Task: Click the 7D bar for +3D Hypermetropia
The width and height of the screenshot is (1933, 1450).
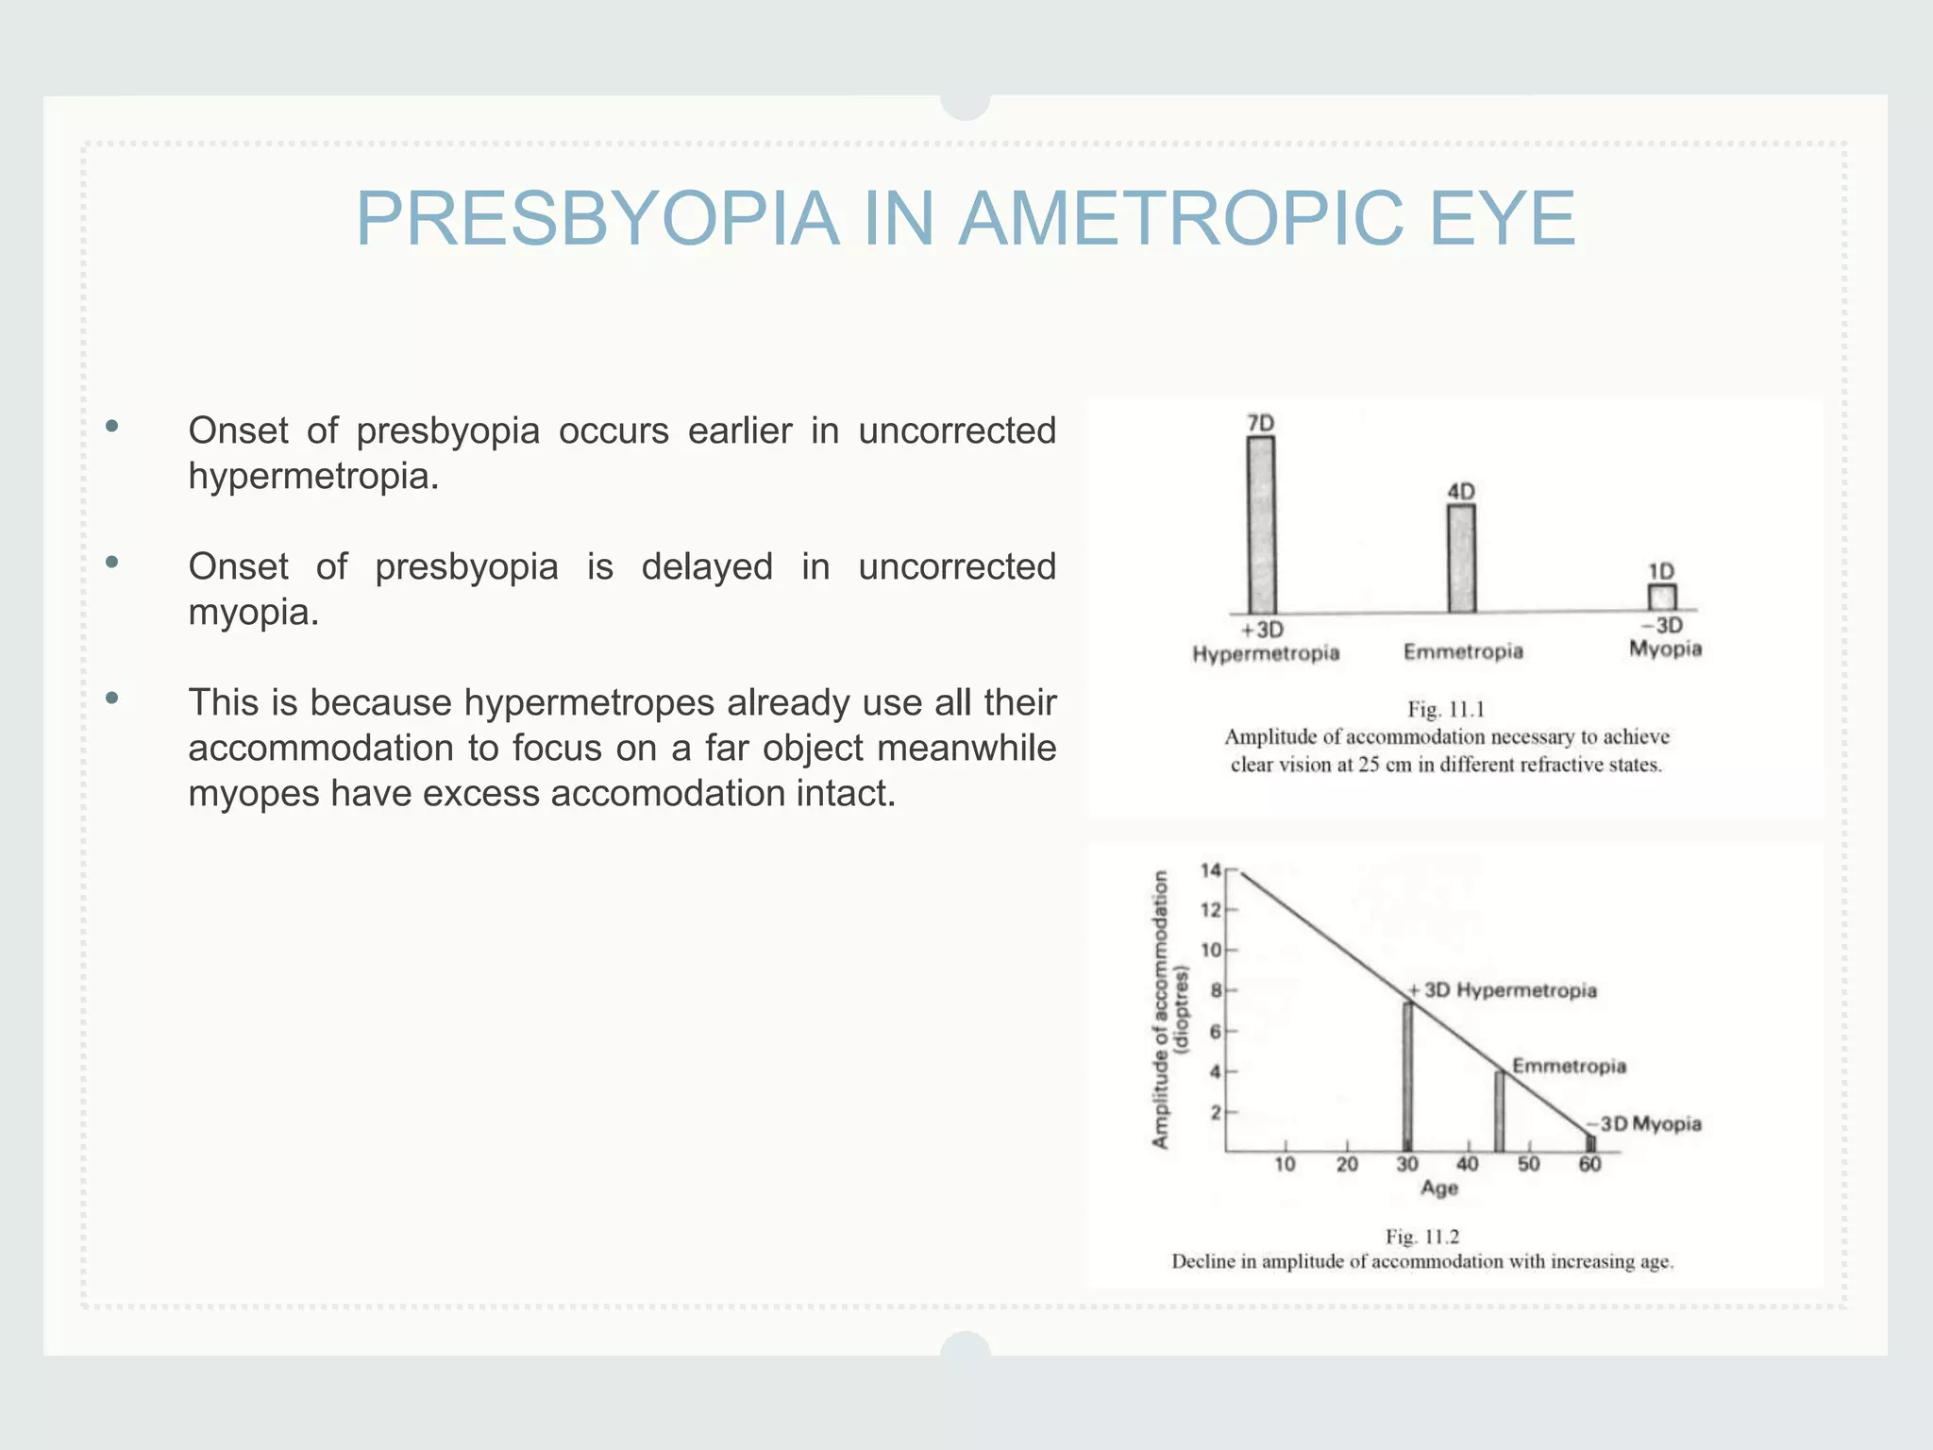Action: click(1261, 525)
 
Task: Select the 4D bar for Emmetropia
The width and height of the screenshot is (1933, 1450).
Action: click(1461, 559)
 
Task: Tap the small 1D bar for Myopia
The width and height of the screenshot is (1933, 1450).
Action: click(1662, 598)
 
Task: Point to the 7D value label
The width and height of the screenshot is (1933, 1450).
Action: click(1261, 423)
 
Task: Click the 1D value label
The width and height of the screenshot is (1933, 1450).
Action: click(1661, 571)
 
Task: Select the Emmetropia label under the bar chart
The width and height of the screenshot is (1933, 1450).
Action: click(1463, 651)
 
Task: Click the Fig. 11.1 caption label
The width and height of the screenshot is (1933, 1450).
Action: click(1446, 709)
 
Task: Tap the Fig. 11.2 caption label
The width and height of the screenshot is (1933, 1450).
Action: click(1422, 1236)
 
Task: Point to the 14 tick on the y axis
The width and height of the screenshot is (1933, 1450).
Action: click(1210, 870)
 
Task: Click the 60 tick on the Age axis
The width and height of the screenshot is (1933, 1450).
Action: click(1589, 1164)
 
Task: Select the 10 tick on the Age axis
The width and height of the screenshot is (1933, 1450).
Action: click(1285, 1164)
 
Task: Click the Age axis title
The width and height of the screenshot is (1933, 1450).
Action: click(1439, 1189)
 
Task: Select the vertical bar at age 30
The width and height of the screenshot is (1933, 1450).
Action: click(1407, 1076)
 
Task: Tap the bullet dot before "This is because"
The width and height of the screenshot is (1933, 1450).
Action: click(112, 699)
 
